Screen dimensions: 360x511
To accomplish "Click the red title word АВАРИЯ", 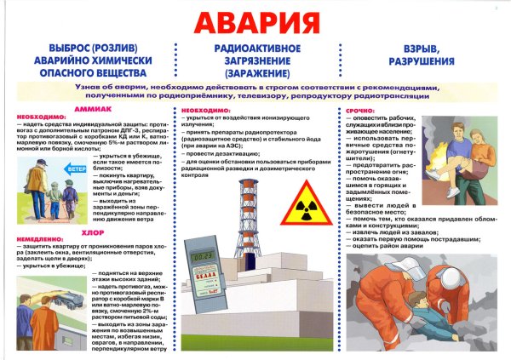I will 255,22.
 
